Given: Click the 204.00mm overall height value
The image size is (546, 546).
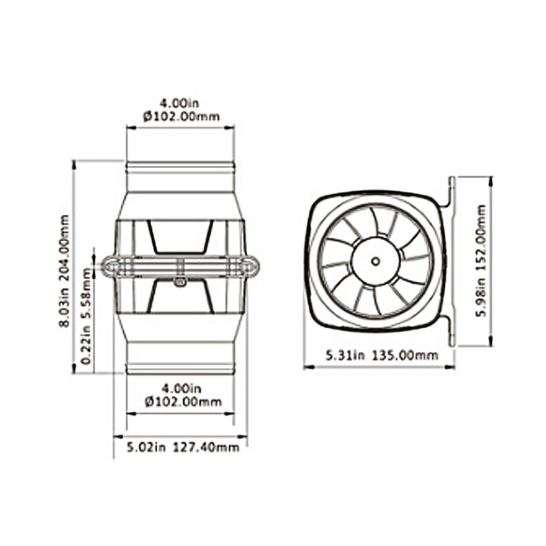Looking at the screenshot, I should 66,242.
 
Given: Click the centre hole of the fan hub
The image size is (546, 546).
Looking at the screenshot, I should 375,261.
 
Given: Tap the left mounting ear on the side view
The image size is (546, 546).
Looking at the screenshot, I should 110,265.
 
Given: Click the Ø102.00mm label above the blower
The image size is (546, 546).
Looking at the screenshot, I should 182,116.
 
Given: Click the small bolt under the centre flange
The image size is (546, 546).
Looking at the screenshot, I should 180,281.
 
